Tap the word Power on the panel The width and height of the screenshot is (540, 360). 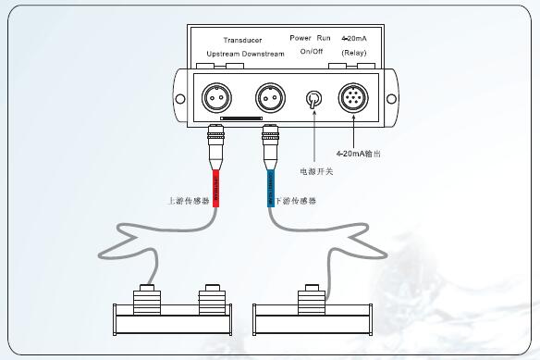(x=301, y=39)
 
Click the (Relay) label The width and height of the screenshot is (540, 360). (x=353, y=53)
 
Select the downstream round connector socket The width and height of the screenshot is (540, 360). (x=271, y=95)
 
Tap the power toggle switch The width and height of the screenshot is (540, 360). (x=314, y=98)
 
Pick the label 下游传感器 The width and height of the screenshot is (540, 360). (x=295, y=200)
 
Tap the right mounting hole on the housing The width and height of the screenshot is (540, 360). (x=392, y=95)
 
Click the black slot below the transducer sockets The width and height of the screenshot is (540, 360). (x=242, y=119)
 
